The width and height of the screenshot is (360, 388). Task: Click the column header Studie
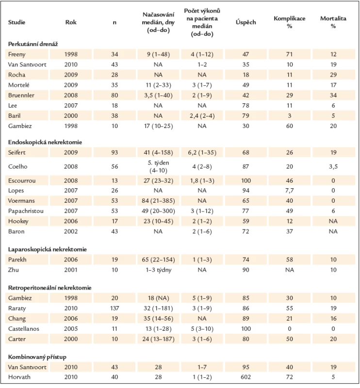(x=16, y=22)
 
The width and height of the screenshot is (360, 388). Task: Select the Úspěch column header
(x=245, y=22)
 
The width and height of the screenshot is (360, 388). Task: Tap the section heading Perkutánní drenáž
(x=33, y=44)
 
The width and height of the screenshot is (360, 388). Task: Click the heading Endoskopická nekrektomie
(x=45, y=142)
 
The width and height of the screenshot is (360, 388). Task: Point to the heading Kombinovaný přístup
(x=37, y=357)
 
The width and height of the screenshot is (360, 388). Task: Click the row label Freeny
(x=16, y=54)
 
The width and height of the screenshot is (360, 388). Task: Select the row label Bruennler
(x=21, y=95)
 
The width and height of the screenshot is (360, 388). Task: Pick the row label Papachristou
(x=26, y=211)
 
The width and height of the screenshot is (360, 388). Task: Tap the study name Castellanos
(x=23, y=329)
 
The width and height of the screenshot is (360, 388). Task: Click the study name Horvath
(x=19, y=377)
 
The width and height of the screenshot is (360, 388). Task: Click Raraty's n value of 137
(x=115, y=308)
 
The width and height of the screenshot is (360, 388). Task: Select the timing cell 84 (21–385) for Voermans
(x=158, y=201)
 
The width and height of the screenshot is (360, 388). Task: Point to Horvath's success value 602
(x=245, y=377)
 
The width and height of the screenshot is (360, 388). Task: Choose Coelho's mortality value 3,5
(x=333, y=166)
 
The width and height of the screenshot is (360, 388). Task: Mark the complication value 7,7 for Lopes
(x=290, y=191)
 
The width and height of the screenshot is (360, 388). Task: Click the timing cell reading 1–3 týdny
(x=158, y=270)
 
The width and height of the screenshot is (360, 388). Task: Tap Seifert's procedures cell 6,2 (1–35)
(x=202, y=152)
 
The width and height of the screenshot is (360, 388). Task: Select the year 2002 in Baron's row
(x=71, y=232)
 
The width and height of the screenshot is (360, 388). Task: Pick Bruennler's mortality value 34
(x=333, y=95)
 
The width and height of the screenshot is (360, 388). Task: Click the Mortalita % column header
(x=333, y=22)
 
